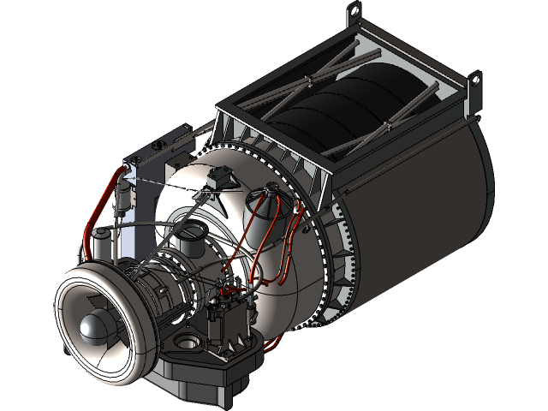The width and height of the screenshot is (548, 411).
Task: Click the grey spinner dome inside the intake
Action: click(x=92, y=325)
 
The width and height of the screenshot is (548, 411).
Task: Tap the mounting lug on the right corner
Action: click(x=472, y=83)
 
